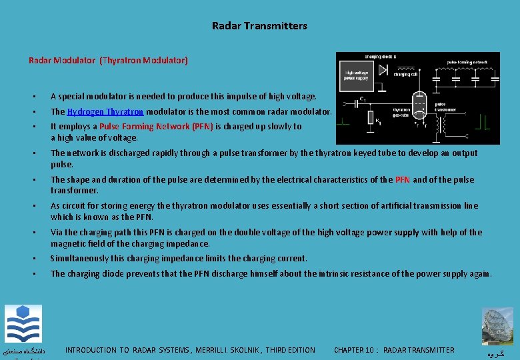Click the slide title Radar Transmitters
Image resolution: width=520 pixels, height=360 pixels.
tap(259, 26)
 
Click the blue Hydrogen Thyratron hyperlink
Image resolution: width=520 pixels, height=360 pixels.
tap(105, 112)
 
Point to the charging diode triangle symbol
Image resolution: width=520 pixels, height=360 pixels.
tap(383, 69)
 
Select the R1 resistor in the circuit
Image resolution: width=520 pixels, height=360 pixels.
tap(371, 118)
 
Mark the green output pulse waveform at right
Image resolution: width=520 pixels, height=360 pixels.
tap(486, 121)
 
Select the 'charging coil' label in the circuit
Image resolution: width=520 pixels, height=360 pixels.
tap(402, 75)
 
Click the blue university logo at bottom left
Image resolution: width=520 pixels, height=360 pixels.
tap(23, 324)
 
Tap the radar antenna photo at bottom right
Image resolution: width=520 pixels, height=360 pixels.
tap(498, 325)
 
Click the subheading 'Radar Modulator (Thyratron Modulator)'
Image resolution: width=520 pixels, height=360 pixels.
tap(108, 60)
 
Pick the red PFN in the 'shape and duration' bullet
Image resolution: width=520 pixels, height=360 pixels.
tap(403, 179)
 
